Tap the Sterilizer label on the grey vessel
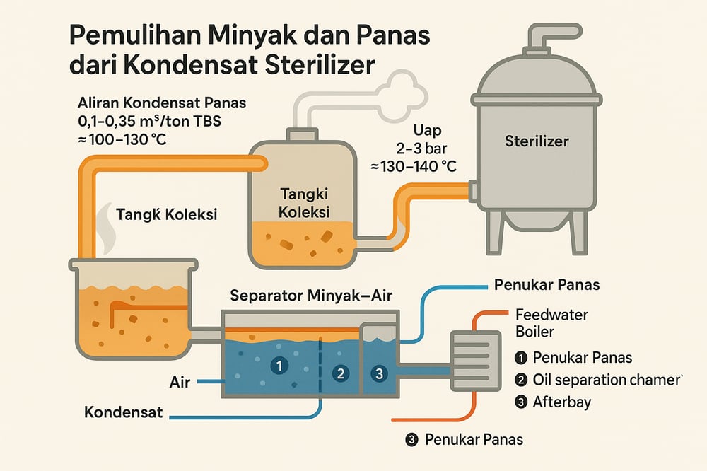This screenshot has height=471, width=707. (x=537, y=141)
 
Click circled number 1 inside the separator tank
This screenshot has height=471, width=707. (x=280, y=366)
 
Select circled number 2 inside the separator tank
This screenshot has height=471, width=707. (x=341, y=373)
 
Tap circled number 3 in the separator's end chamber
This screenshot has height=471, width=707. (x=379, y=373)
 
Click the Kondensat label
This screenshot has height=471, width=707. (x=124, y=412)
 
